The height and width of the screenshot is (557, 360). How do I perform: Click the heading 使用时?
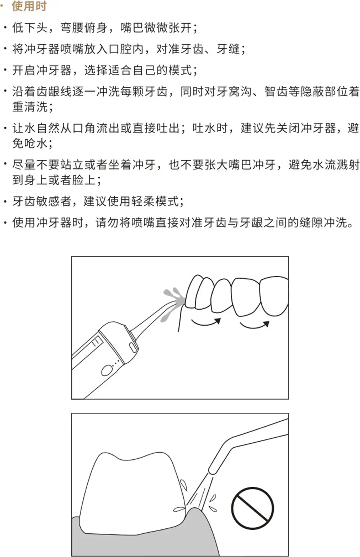pyautogui.click(x=29, y=6)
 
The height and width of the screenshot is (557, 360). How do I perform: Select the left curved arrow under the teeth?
pyautogui.click(x=206, y=323)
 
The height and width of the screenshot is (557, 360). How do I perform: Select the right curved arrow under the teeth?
pyautogui.click(x=255, y=325)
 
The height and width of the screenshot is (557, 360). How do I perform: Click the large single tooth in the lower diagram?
pyautogui.click(x=132, y=494)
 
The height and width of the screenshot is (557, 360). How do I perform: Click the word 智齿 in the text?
pyautogui.click(x=276, y=92)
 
